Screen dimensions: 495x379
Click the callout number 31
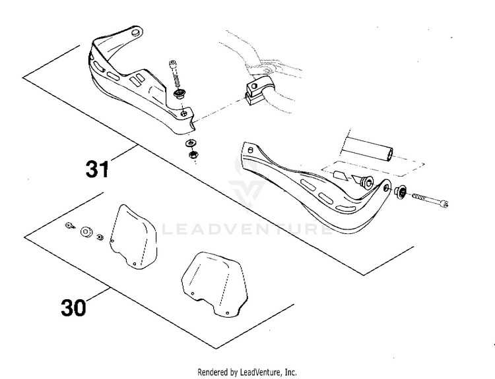point(97,169)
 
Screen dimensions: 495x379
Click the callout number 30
point(73,307)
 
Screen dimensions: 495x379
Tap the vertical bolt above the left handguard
point(176,73)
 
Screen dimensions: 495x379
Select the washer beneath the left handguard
point(190,144)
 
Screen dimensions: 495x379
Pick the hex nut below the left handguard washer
point(192,154)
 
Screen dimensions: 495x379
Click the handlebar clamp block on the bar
point(256,90)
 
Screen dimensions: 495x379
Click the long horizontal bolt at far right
point(430,200)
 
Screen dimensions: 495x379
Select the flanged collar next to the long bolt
point(401,192)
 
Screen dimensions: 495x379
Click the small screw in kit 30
point(70,225)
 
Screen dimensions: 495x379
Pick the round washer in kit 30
point(86,232)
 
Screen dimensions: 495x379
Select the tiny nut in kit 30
point(100,237)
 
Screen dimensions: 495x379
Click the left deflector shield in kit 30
point(133,237)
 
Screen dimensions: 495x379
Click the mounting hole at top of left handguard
point(136,33)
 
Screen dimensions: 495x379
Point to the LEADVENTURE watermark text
point(246,229)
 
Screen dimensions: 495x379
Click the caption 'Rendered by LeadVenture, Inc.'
point(247,372)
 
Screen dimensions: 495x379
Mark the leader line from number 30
point(97,295)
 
